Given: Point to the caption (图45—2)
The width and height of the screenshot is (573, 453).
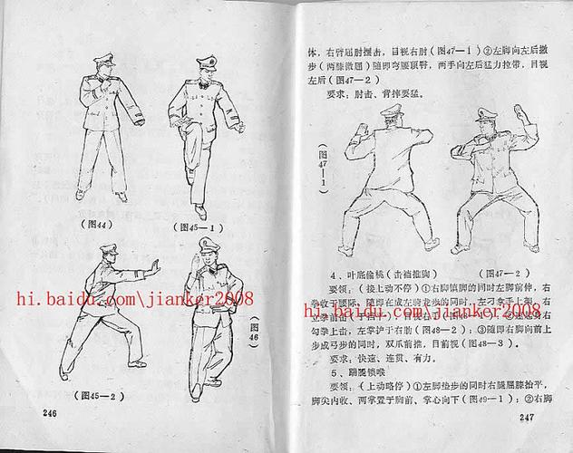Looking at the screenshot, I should coord(100,395).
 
